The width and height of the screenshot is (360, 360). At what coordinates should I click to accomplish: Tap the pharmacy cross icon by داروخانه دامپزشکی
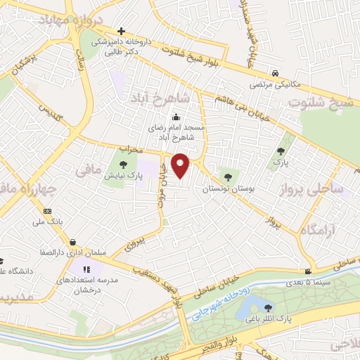122,32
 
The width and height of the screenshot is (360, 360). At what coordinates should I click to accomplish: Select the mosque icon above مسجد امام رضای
175,117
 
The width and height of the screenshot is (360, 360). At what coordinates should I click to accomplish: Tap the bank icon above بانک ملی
47,211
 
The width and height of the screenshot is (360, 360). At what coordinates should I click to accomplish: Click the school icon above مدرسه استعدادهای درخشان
86,269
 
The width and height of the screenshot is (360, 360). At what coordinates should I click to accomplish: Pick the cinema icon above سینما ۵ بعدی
308,272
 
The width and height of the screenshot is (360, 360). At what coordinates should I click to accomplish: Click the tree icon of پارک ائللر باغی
266,307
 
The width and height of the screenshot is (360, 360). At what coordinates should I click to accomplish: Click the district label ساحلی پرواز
311,189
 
